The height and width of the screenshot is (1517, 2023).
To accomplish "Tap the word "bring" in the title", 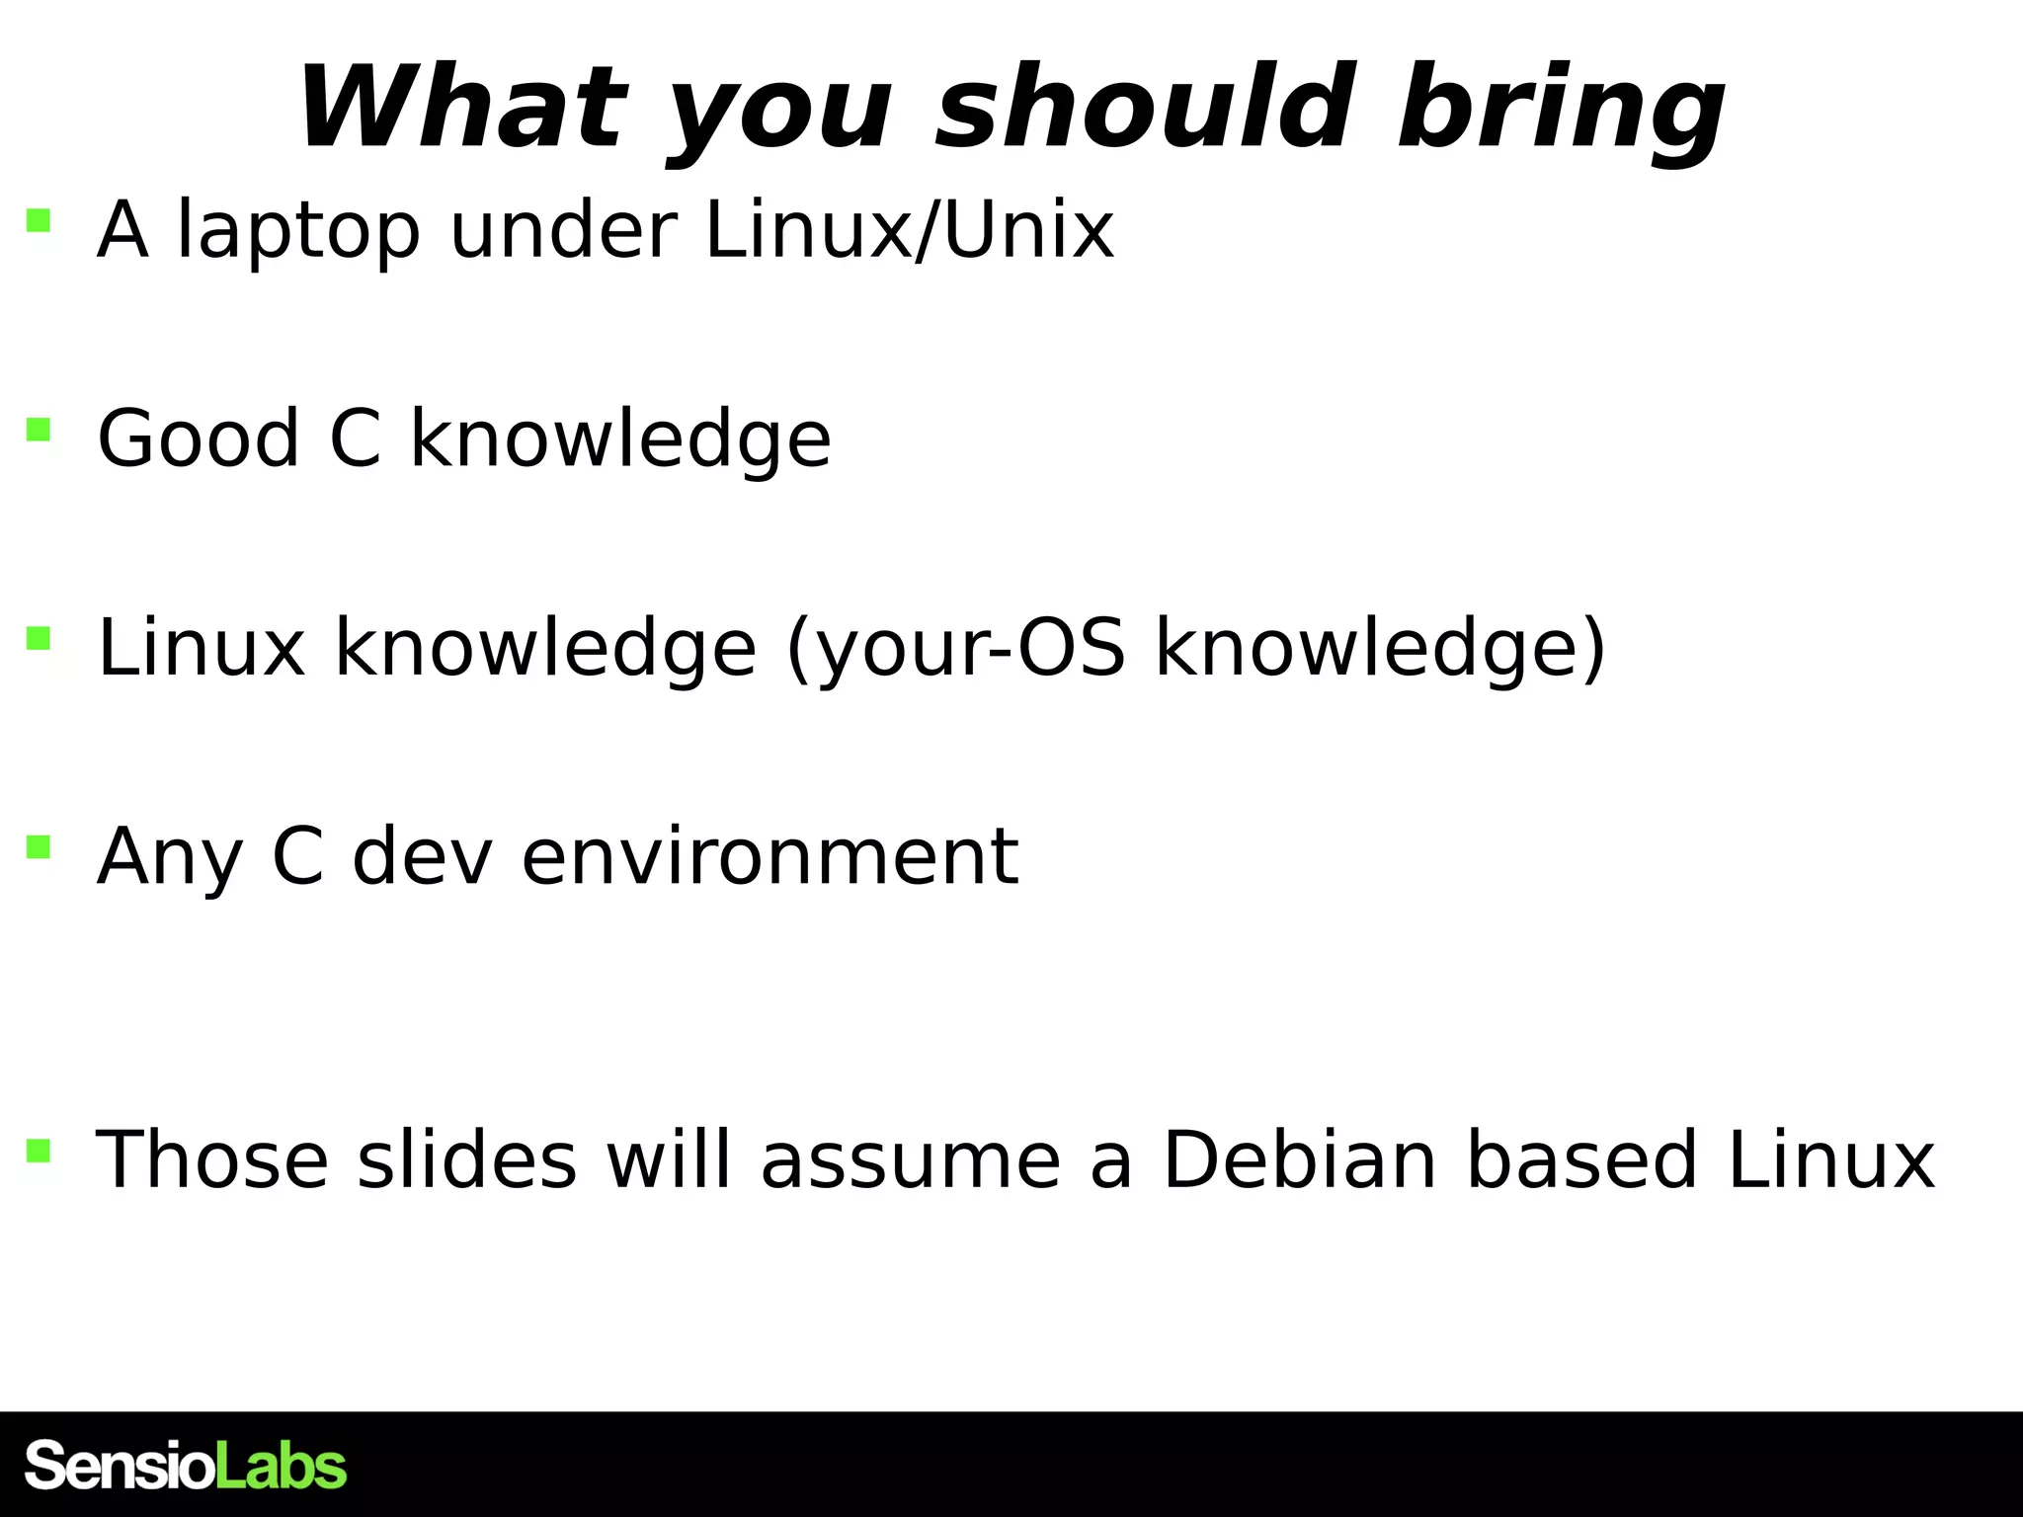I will coord(1561,109).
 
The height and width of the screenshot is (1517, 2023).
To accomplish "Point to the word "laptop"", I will coord(298,233).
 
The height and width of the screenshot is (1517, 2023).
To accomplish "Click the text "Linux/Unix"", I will coord(909,231).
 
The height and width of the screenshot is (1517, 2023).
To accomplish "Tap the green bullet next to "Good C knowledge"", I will coord(39,429).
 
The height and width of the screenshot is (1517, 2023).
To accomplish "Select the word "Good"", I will coord(198,439).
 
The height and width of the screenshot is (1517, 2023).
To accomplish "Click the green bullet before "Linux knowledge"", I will coord(39,638).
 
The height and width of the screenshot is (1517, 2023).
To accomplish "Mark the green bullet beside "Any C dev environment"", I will coord(39,847).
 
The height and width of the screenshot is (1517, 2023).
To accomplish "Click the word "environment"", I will coord(769,857).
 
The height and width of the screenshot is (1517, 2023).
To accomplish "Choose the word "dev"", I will coord(422,857).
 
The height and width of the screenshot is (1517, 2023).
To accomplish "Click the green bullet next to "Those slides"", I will coord(39,1150).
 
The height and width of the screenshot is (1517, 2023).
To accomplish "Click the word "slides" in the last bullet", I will coord(466,1159).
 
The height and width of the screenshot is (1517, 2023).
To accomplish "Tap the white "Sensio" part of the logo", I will coord(120,1466).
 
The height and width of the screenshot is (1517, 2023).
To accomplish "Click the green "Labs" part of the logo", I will coord(281,1466).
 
